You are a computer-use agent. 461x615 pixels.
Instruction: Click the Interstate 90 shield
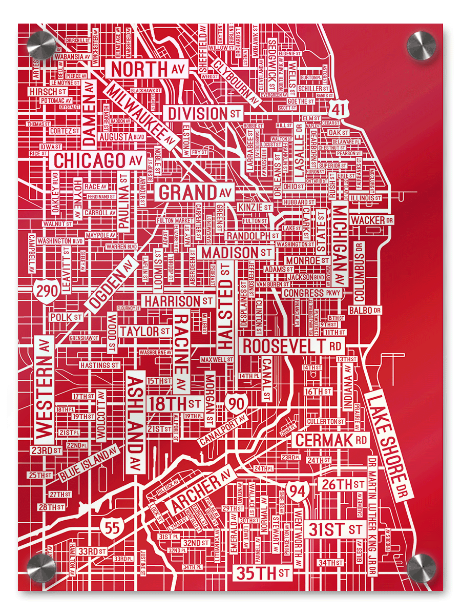[237, 403]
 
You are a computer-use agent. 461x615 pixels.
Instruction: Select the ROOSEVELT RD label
[292, 346]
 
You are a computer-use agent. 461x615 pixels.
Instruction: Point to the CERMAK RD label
[331, 440]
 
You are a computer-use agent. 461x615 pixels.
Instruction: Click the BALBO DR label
[365, 311]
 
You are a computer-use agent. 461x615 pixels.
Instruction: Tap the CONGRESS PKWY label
[311, 293]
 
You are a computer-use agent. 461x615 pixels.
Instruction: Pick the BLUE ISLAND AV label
[89, 464]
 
